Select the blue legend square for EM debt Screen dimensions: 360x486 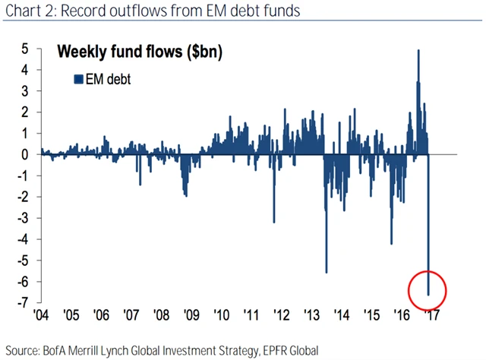pyautogui.click(x=77, y=78)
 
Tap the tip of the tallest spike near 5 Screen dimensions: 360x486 pyautogui.click(x=418, y=51)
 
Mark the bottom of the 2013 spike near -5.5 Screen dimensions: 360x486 pyautogui.click(x=326, y=272)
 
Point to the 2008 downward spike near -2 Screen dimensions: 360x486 pyautogui.click(x=185, y=195)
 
